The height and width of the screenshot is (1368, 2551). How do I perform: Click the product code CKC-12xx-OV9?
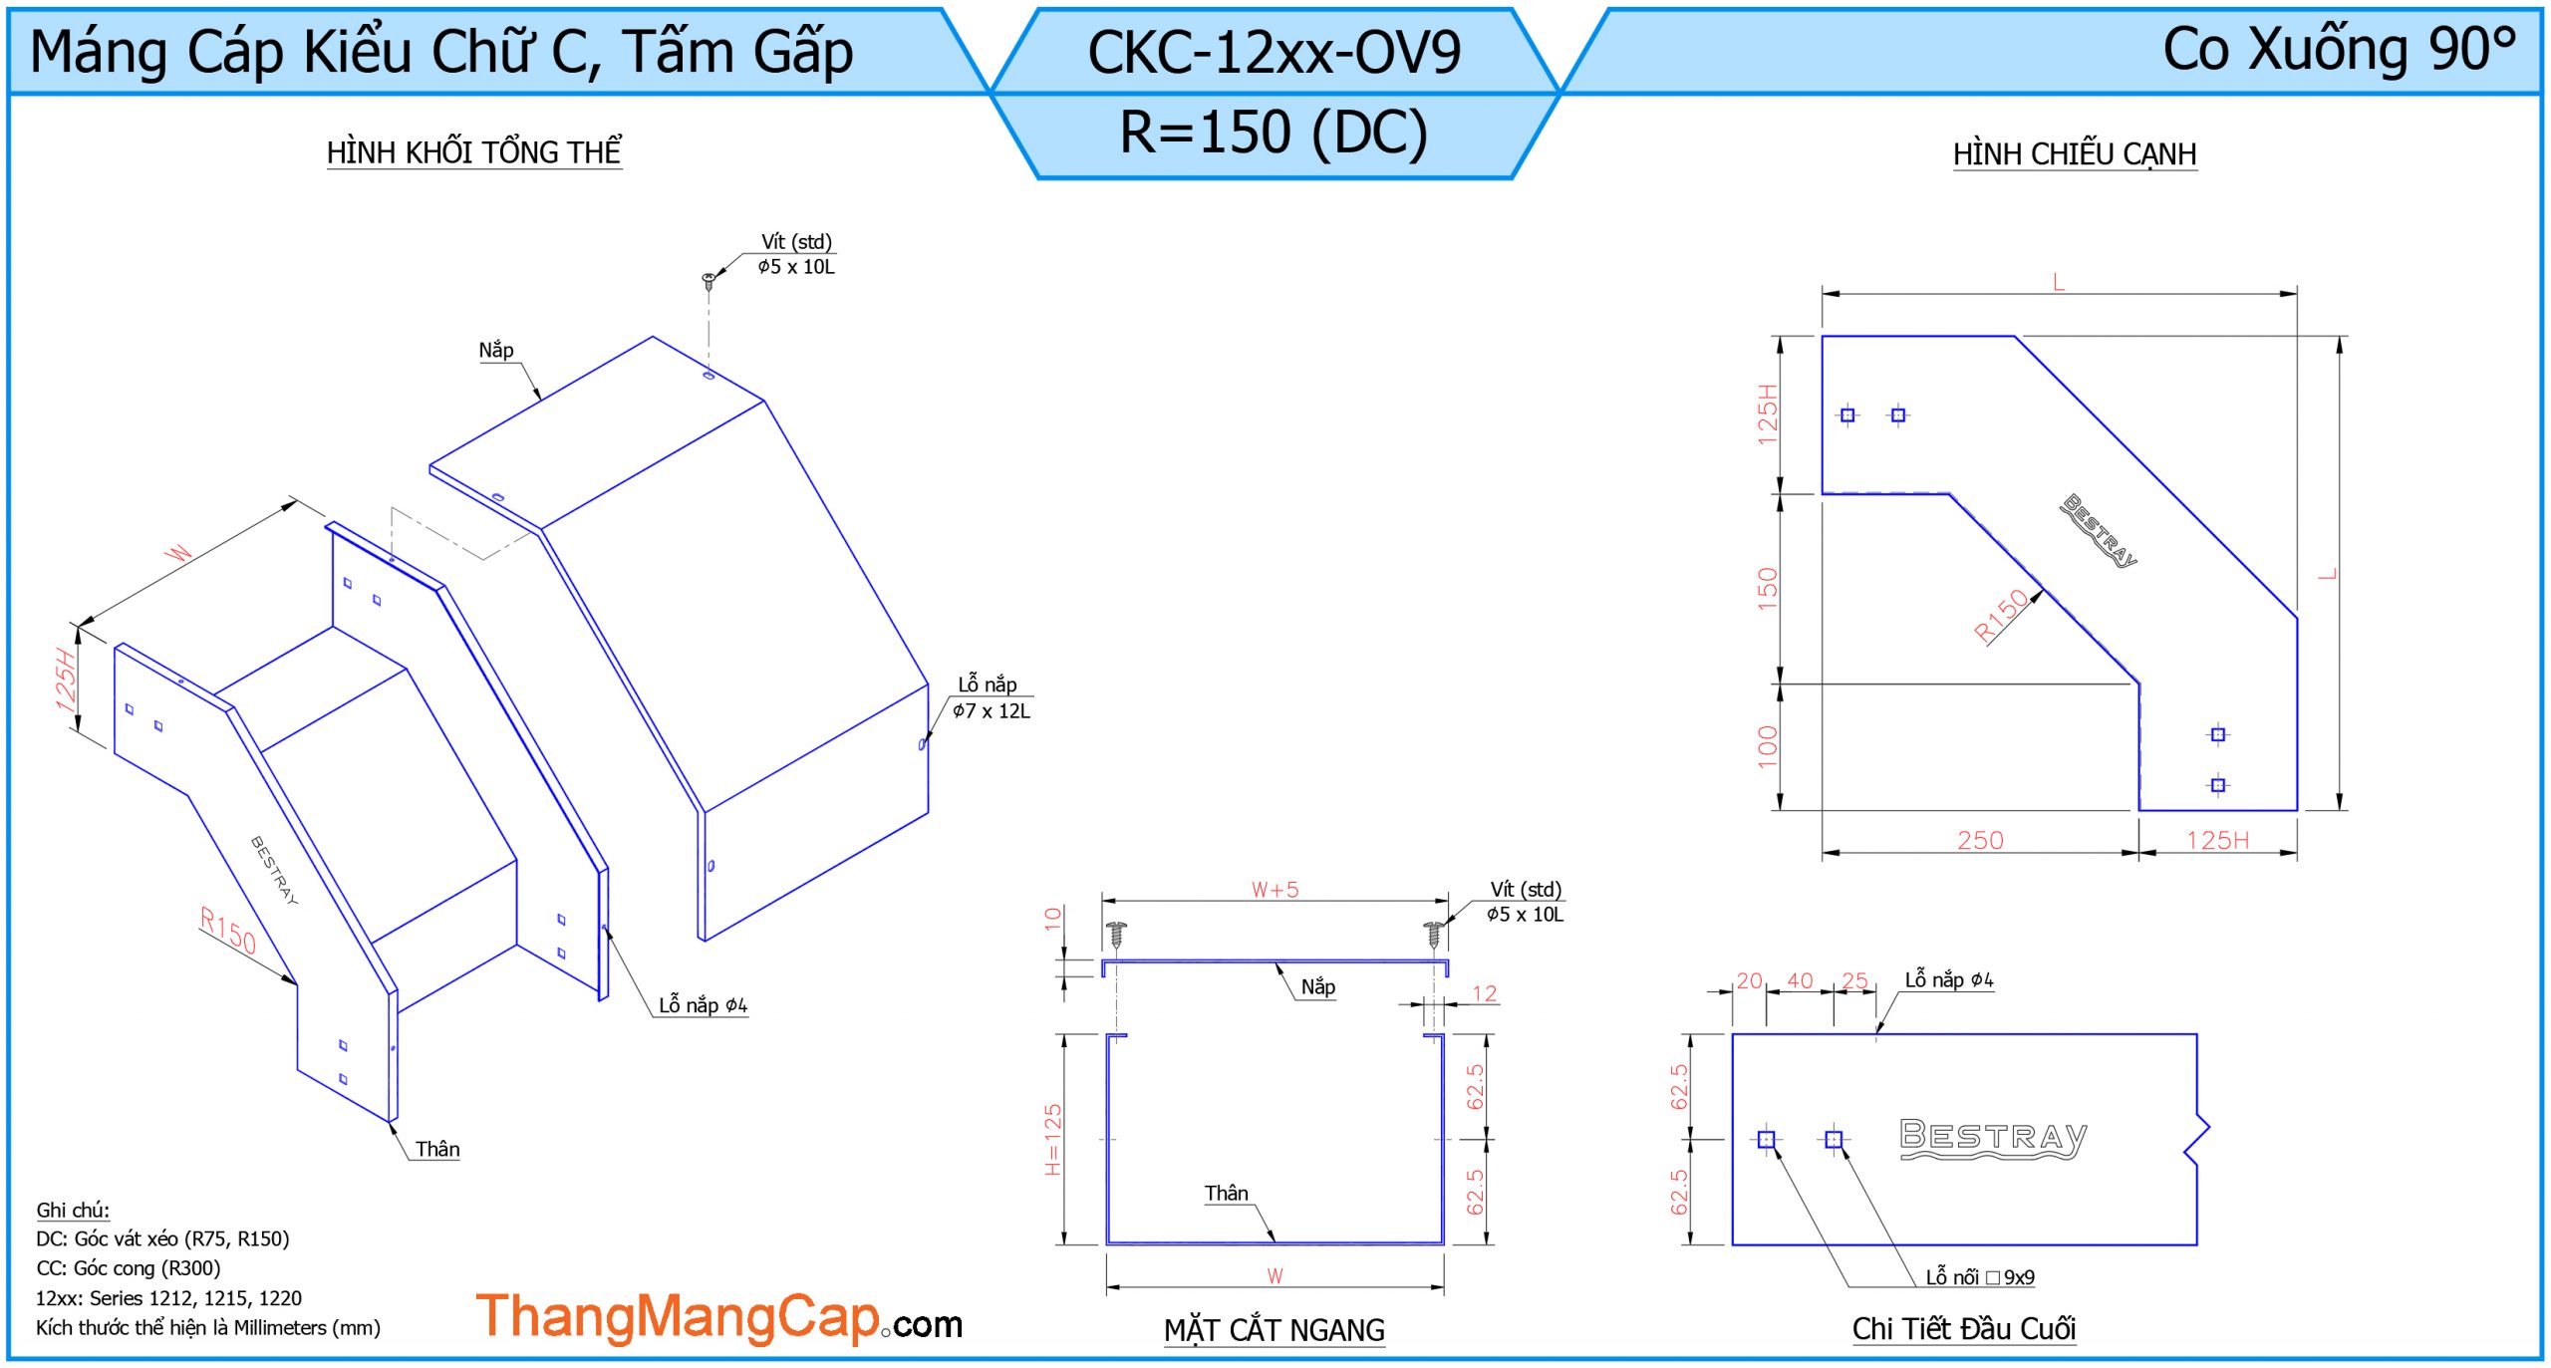point(1274,52)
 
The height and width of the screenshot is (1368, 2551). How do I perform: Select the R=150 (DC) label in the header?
point(1274,132)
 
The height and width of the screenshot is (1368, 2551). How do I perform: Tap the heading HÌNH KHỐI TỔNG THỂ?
point(474,152)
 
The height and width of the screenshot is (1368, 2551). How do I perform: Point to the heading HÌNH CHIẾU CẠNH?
point(2075,154)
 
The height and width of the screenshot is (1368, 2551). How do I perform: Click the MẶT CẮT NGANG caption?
point(1275,1329)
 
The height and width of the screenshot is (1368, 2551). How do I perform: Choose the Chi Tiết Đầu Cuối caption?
point(1964,1328)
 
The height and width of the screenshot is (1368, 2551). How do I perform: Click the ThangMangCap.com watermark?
point(719,1317)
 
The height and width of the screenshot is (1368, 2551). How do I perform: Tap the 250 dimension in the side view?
point(1980,840)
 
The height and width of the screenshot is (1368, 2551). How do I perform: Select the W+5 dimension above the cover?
point(1275,890)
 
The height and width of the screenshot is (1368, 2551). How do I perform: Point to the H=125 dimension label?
point(1053,1139)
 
